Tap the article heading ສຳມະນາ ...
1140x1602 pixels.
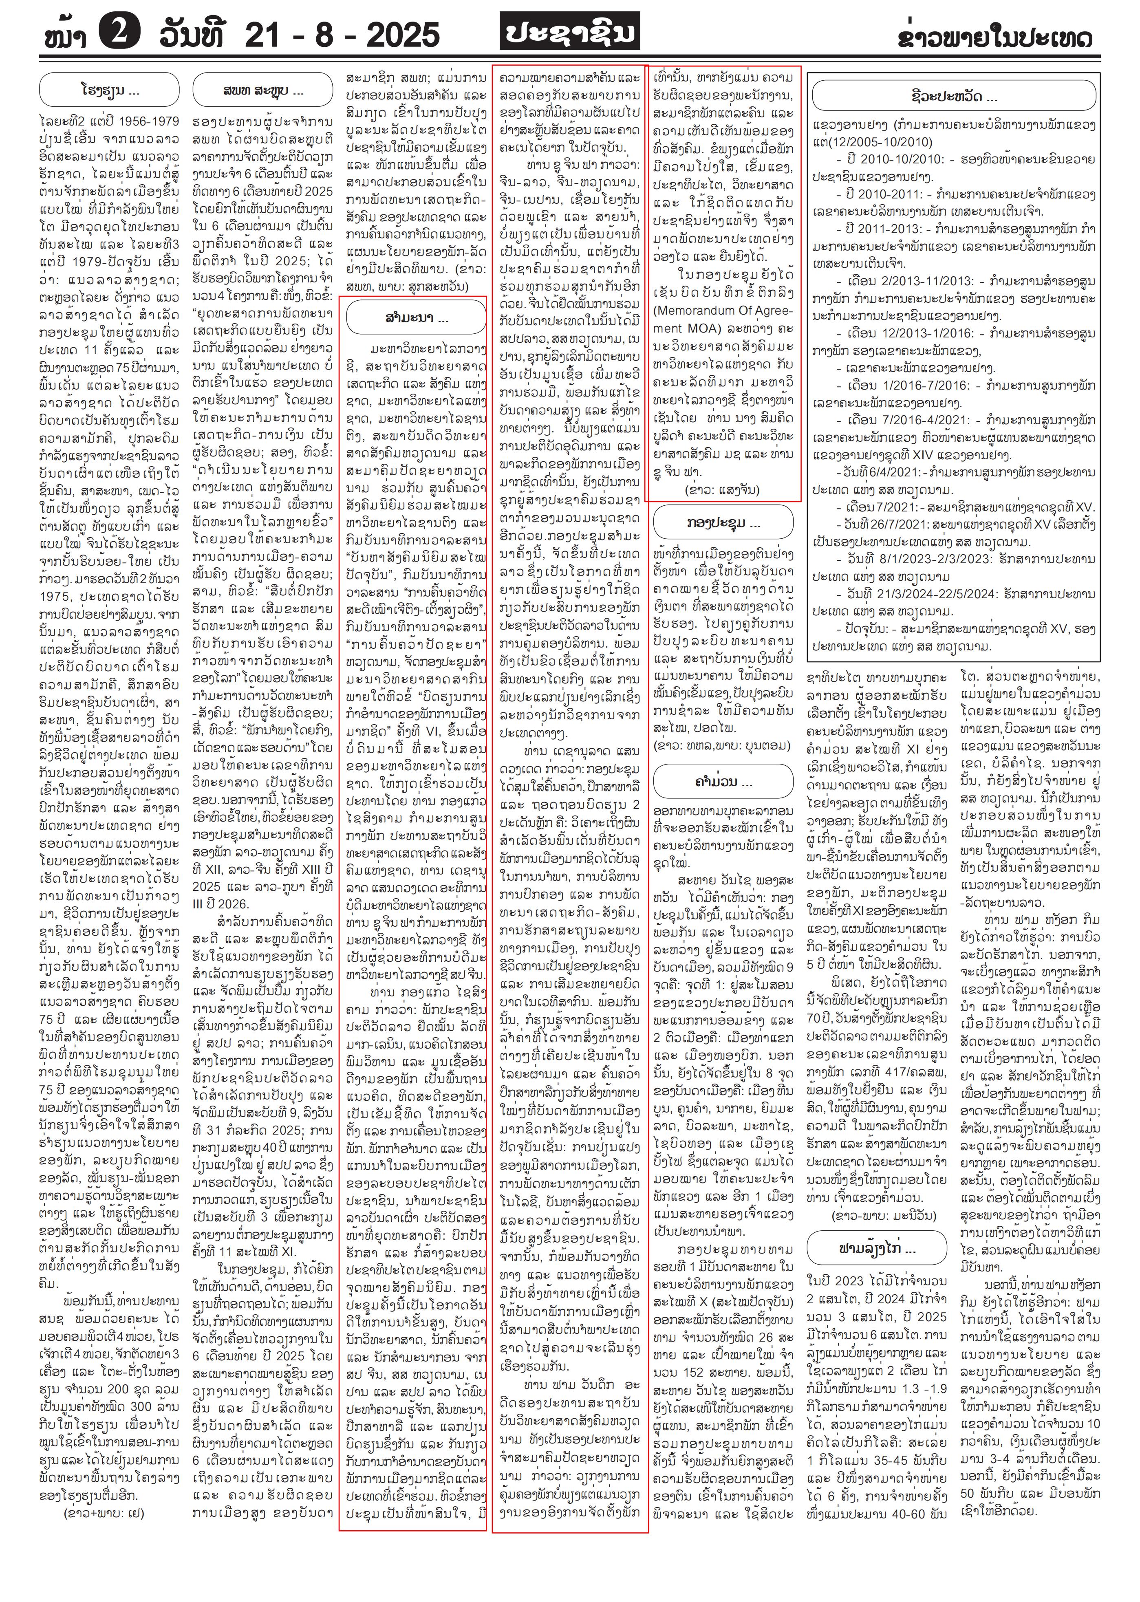coord(416,319)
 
